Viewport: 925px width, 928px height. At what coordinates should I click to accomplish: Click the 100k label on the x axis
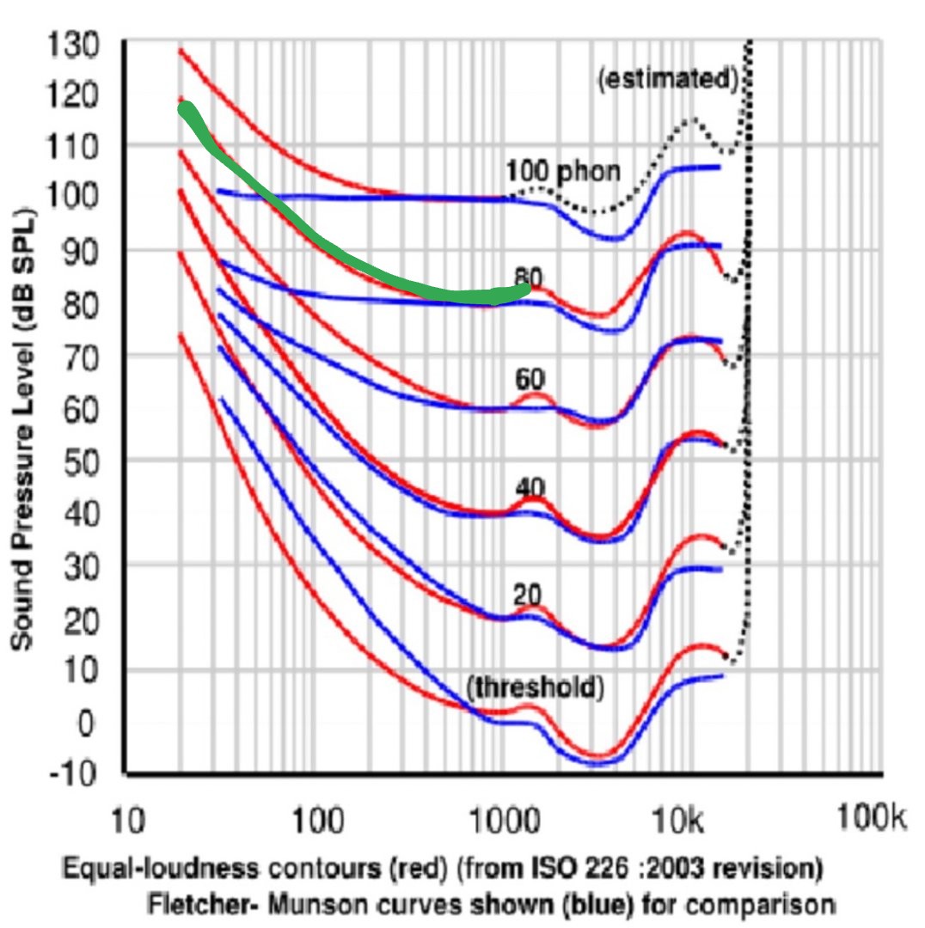pos(871,820)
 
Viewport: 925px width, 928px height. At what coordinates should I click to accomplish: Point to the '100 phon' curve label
pos(562,171)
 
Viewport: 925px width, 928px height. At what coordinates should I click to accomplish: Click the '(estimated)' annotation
pos(668,79)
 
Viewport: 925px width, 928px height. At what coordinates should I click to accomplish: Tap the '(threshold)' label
pos(535,687)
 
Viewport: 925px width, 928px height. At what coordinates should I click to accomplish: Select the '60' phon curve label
pos(530,379)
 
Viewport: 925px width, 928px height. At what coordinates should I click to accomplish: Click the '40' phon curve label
pos(530,486)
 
